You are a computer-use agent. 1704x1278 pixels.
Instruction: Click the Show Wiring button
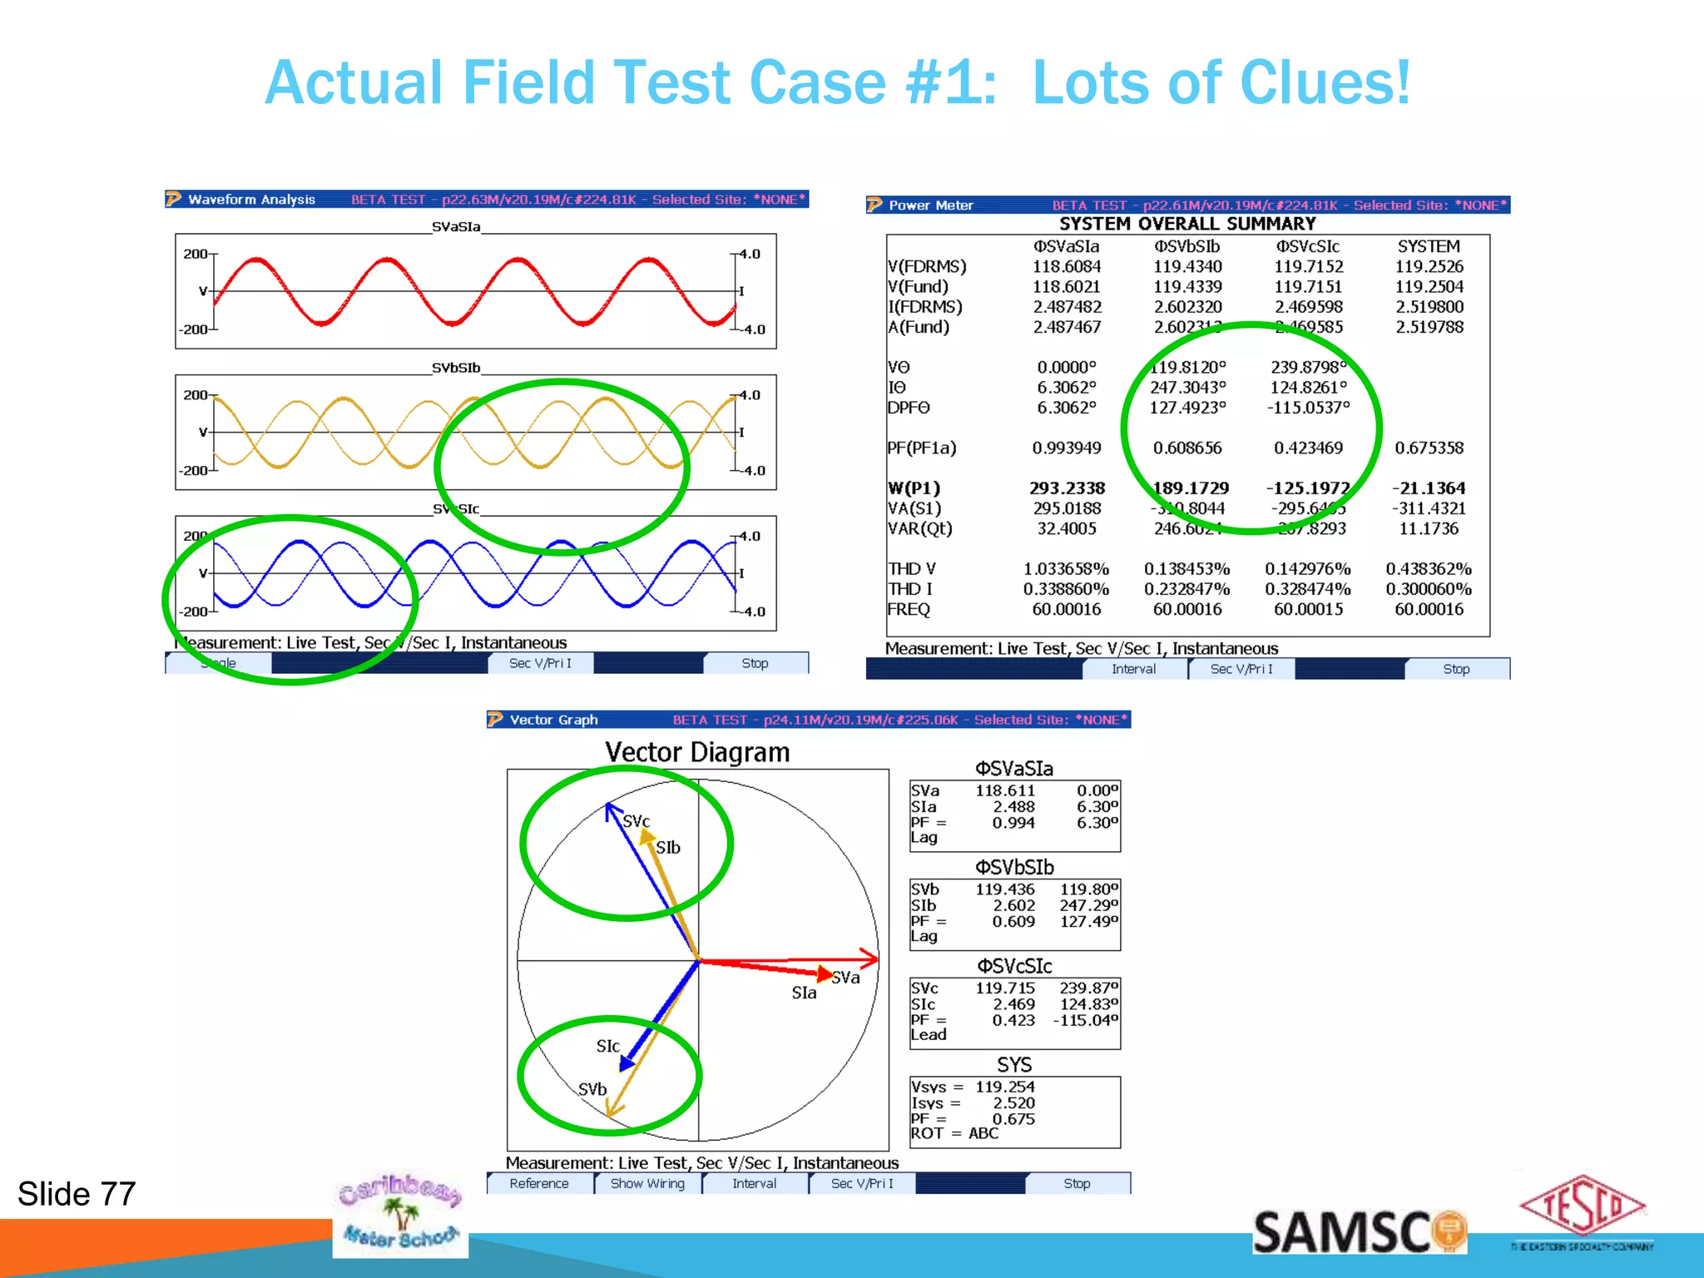[x=647, y=1183]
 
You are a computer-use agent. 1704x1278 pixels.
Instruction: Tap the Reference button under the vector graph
[x=539, y=1183]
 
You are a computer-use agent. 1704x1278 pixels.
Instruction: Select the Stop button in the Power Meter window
[x=1456, y=669]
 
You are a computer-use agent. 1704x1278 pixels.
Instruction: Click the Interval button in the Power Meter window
[x=1133, y=669]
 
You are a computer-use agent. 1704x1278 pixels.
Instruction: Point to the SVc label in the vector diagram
[x=637, y=821]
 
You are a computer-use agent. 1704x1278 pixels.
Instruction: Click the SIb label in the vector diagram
[x=668, y=848]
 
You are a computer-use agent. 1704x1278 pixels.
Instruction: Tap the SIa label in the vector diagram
[x=804, y=993]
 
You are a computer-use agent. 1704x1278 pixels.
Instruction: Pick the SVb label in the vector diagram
[x=592, y=1089]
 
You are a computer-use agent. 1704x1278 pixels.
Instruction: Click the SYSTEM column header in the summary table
[x=1429, y=246]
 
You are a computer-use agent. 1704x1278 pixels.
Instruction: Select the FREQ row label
[x=909, y=609]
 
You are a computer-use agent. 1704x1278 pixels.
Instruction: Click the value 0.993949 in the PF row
[x=1067, y=448]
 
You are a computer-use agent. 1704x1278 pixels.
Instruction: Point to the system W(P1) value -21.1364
[x=1429, y=488]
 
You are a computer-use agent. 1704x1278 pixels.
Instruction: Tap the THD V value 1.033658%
[x=1066, y=569]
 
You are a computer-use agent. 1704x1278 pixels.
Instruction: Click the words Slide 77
[x=77, y=1194]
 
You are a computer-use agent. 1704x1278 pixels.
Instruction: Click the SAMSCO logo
[x=1358, y=1232]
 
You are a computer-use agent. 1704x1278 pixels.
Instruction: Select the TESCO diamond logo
[x=1583, y=1206]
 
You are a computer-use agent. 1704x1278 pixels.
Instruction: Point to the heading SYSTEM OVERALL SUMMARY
[x=1187, y=224]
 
